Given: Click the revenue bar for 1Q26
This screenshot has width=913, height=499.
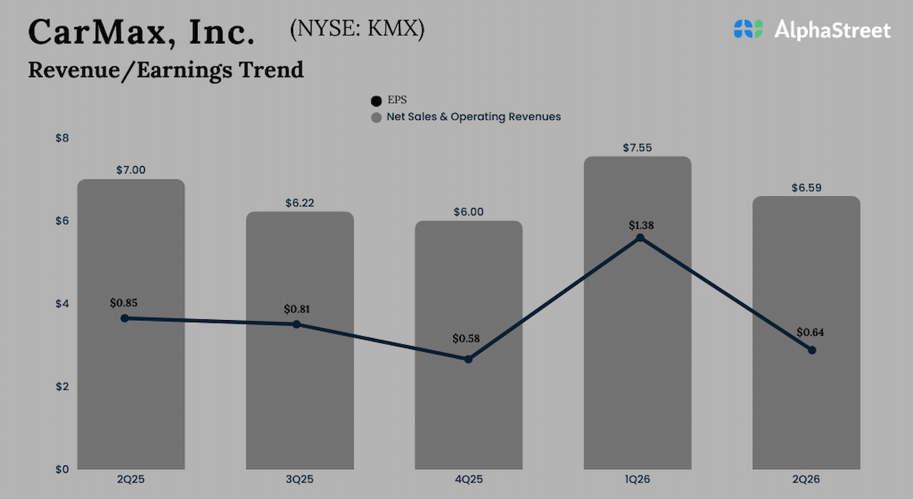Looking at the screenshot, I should [638, 356].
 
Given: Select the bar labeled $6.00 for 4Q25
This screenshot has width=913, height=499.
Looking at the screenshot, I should [469, 413].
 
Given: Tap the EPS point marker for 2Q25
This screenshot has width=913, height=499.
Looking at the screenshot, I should [125, 318].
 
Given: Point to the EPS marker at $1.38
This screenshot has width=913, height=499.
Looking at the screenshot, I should [640, 237].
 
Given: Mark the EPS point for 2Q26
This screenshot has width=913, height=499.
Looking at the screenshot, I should [812, 350].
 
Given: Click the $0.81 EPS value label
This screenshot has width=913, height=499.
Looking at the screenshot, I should [297, 309].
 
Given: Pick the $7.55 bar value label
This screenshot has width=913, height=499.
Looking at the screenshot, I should [638, 148].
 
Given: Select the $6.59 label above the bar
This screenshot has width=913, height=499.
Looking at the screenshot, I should [806, 188].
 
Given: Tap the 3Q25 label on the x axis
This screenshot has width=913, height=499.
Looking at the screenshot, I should [300, 479].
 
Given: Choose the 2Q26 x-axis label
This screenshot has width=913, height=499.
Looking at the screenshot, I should [806, 479].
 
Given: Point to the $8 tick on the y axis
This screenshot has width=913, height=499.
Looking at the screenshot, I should [62, 138].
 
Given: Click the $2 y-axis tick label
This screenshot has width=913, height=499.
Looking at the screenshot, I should [62, 386].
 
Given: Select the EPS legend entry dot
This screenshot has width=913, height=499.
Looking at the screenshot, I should [377, 101].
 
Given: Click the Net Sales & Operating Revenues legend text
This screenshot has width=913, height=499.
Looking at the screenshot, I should [474, 116].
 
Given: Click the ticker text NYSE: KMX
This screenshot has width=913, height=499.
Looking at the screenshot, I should [357, 29].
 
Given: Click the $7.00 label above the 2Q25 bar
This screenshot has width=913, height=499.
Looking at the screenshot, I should [131, 170].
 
